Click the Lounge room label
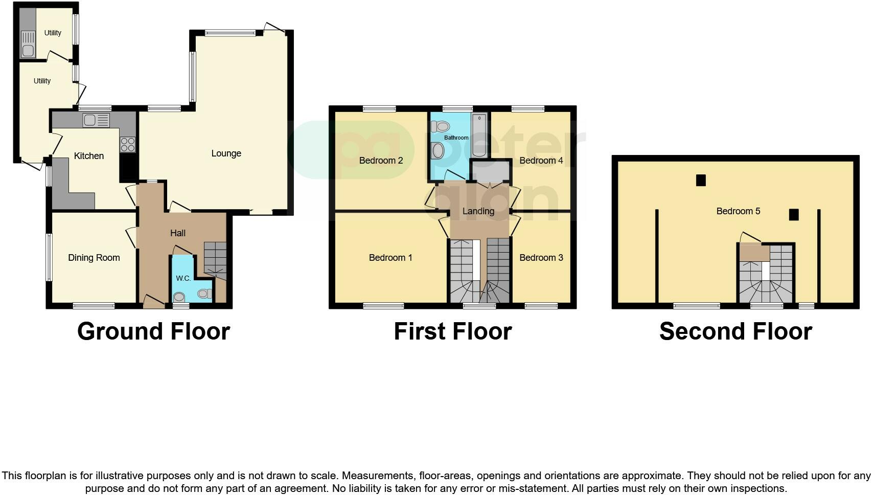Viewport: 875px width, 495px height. [x=226, y=153]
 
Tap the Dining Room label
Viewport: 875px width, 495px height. [x=94, y=258]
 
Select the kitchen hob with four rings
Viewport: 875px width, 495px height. [x=128, y=144]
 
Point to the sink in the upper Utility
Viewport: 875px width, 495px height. [x=28, y=50]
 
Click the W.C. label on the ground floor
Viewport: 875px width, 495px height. [x=183, y=278]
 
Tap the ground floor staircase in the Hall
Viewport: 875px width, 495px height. [x=215, y=259]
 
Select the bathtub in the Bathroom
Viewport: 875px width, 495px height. [x=479, y=136]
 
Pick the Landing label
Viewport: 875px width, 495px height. [x=478, y=211]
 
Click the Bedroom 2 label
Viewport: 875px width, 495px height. [x=381, y=161]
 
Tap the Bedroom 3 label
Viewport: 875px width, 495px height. [x=541, y=258]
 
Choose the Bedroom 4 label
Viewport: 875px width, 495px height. [x=541, y=161]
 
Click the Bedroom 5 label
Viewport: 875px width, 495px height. [x=738, y=211]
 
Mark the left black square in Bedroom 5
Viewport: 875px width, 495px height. [x=701, y=180]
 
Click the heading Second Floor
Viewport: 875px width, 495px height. [x=735, y=331]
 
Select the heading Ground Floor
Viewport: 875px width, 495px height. [x=153, y=331]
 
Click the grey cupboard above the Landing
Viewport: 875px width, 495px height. [x=490, y=171]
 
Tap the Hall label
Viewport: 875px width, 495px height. [x=178, y=233]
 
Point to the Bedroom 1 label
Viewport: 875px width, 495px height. [x=390, y=258]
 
